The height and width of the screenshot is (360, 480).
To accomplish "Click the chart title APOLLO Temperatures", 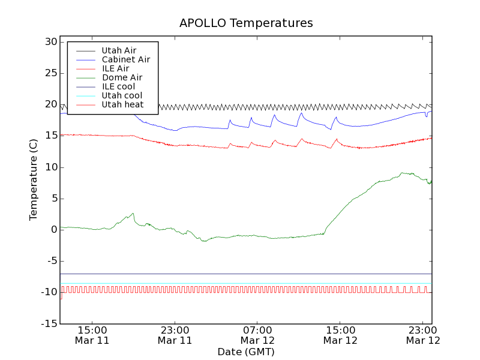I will [x=246, y=23].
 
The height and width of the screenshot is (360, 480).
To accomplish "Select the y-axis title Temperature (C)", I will [x=34, y=179].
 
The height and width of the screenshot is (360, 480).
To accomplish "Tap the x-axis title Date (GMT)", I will [x=246, y=352].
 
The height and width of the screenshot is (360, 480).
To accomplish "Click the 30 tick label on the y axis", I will [x=50, y=42].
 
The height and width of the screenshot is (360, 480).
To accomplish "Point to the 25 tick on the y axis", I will [x=50, y=73].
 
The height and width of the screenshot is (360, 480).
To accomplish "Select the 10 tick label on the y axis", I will [x=50, y=167].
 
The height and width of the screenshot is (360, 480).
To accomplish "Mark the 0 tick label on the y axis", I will [x=53, y=230].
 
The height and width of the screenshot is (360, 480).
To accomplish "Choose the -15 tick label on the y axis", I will [x=48, y=323].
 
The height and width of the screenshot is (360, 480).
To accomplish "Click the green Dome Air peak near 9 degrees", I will [x=403, y=173].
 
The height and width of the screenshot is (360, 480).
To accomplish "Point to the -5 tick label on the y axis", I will [x=50, y=261].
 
